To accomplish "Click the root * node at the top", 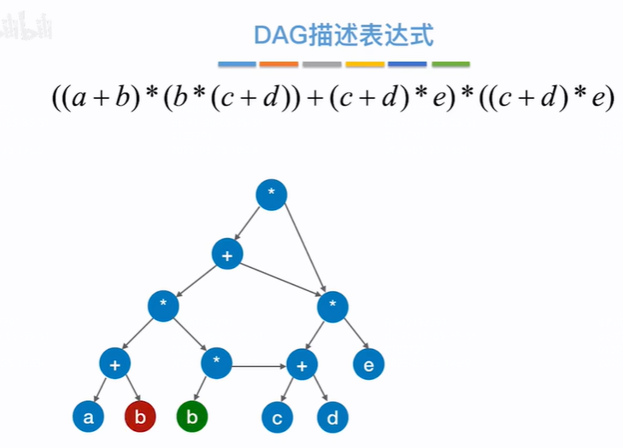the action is click(272, 194).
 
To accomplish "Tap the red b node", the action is click(139, 417).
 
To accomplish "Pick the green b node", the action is click(192, 417).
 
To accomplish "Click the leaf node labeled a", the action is click(88, 417).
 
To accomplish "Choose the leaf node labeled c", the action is click(277, 417).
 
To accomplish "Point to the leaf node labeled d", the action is click(332, 417).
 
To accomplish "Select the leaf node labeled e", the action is click(369, 364).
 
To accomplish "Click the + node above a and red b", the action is click(114, 364).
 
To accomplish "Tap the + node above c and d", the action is click(301, 365).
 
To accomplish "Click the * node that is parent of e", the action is click(332, 305).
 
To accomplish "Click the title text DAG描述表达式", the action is click(344, 36).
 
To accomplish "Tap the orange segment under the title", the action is click(279, 64).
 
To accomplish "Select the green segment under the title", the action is click(450, 64).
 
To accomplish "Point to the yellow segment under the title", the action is click(365, 64).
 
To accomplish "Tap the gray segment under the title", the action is click(321, 64).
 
